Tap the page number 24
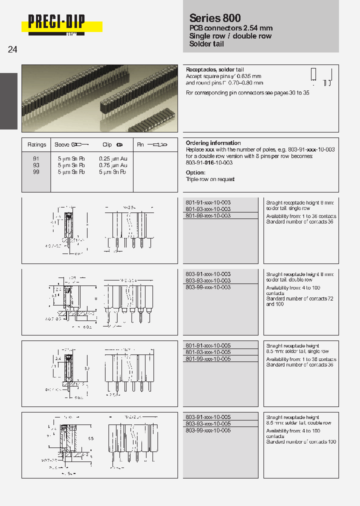[12, 49]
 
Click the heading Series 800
[215, 18]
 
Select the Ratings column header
[36, 144]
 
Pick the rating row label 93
[36, 165]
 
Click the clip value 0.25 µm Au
[113, 158]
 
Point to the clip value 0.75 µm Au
[113, 165]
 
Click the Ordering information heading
[213, 143]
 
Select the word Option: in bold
[195, 172]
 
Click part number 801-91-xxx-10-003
[208, 202]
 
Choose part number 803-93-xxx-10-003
[208, 281]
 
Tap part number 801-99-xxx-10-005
[208, 359]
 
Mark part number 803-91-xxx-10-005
[208, 417]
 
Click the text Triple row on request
[210, 179]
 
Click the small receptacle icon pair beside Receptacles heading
[320, 77]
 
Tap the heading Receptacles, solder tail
[214, 69]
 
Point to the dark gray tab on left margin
[8, 101]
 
